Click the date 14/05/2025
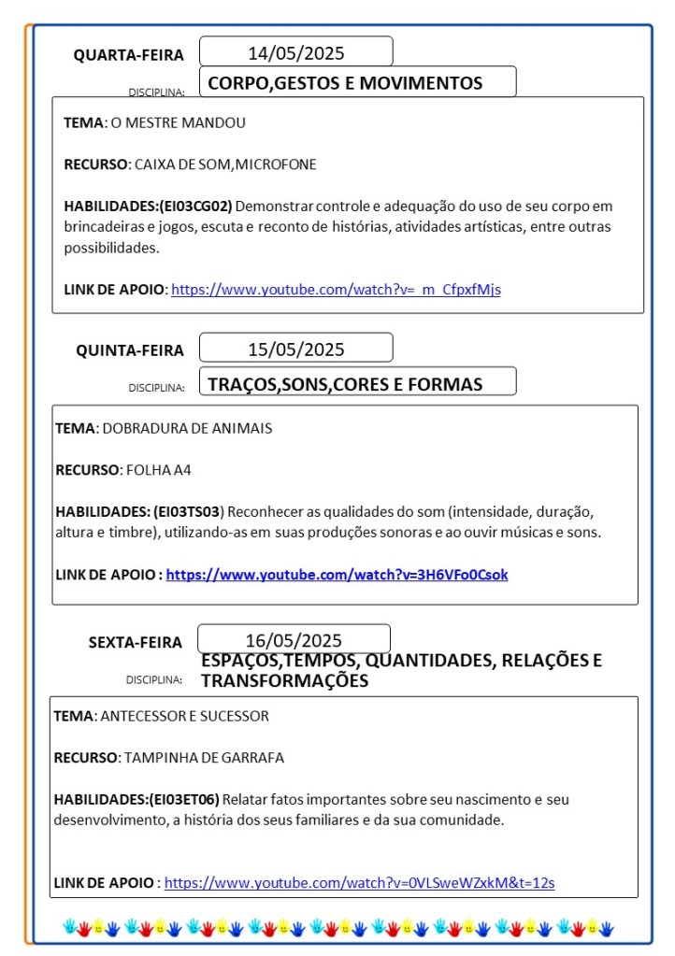295,52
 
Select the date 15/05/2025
295,350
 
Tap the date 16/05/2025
294,640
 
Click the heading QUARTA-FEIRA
129,55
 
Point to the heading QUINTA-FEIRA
130,350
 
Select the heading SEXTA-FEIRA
136,642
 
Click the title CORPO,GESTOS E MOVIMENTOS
345,83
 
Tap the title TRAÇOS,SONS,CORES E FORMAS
345,384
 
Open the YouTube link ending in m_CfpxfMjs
336,289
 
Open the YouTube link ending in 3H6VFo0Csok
337,574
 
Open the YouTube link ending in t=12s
359,881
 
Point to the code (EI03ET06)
184,799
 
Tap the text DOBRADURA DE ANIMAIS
187,428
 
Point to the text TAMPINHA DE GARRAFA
191,757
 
